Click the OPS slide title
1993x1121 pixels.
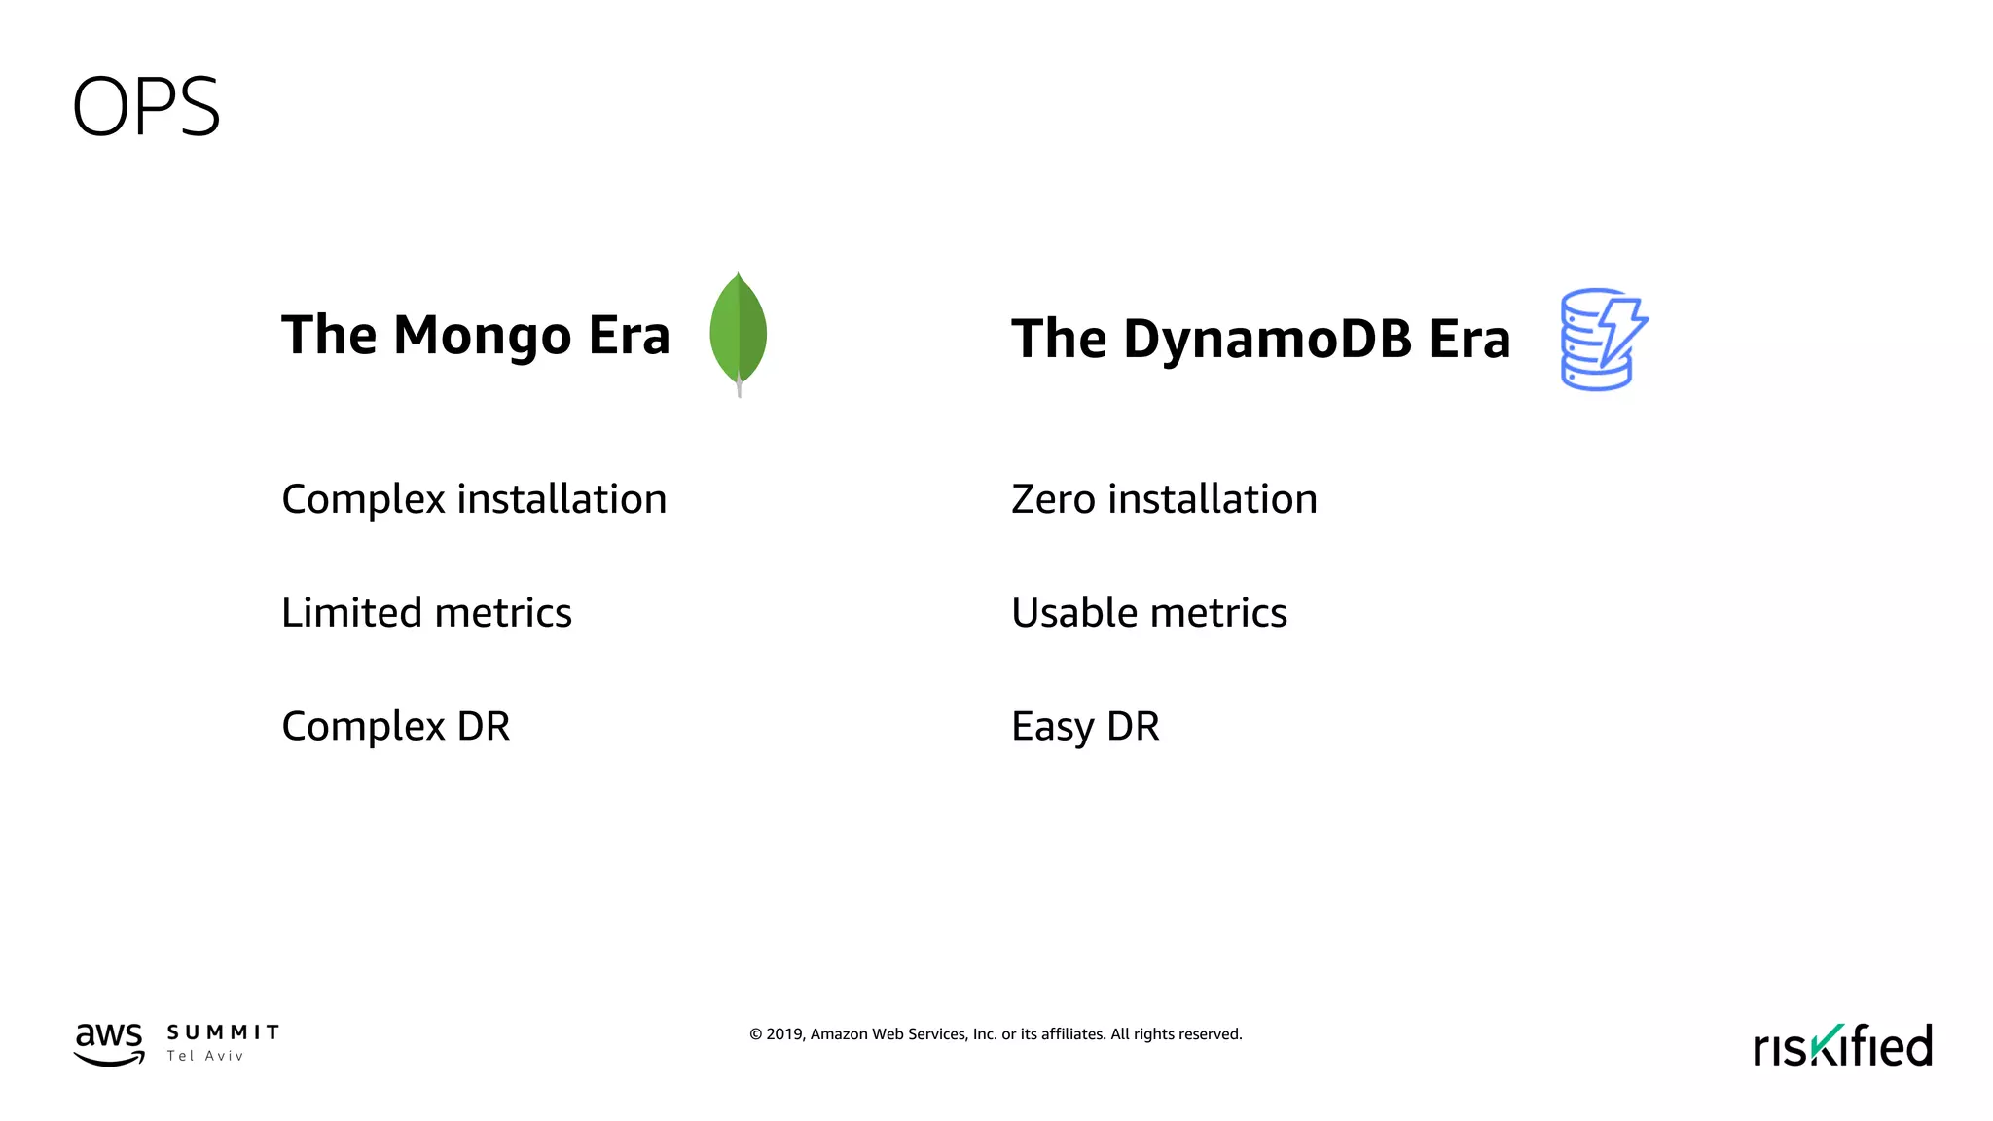coord(146,107)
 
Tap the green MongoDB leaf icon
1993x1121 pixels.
coord(739,333)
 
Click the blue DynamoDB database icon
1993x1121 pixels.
coord(1603,340)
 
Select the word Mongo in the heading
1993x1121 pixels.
coord(483,337)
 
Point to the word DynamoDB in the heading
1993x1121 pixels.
coord(1267,340)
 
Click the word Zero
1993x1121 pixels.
coord(1053,499)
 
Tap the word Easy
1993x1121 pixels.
coord(1052,727)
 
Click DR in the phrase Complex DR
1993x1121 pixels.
coord(484,727)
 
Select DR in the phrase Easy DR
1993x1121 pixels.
coord(1134,727)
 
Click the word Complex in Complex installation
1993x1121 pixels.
coord(363,499)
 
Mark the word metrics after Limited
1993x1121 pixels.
coord(503,613)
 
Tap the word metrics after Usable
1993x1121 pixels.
coord(1218,613)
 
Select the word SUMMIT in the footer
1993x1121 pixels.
coord(223,1032)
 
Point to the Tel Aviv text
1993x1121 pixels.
coord(204,1056)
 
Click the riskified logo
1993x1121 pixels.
coord(1842,1046)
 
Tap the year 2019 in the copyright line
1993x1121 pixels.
coord(784,1034)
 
